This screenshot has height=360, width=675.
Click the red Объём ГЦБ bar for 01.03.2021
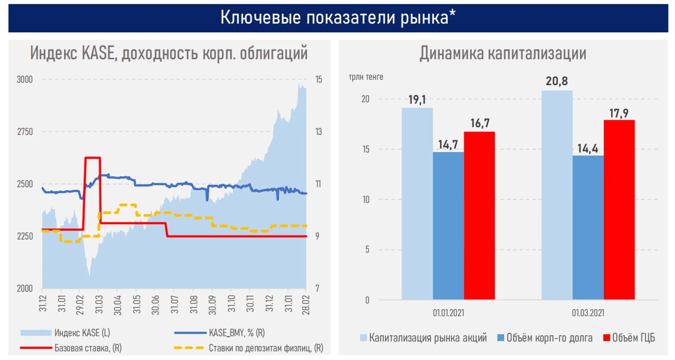coord(619,209)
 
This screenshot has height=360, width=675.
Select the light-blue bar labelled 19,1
coord(417,203)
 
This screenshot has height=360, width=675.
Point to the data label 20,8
coord(557,81)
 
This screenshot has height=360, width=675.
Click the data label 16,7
coord(480,123)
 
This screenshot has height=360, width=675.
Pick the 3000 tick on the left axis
coord(25,79)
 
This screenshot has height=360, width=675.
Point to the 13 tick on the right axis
coord(318,132)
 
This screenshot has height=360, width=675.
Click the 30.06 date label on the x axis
coord(155,305)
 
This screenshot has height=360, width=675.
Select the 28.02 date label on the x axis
coord(306,305)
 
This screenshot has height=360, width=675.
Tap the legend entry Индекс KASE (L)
coord(82,333)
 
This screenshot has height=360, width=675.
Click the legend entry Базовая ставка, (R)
coord(88,348)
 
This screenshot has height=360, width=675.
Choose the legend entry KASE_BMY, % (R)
coord(237,333)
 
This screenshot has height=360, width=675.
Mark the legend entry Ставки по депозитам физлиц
coord(266,348)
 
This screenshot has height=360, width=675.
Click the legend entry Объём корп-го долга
coord(549,338)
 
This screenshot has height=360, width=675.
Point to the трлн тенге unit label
coord(366,77)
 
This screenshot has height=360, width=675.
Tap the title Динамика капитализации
coord(502,53)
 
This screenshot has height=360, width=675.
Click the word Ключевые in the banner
coord(261,17)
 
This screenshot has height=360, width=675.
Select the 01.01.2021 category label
coord(448,313)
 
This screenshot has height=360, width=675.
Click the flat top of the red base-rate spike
coord(92,158)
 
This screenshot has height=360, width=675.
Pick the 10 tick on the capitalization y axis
coord(366,199)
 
